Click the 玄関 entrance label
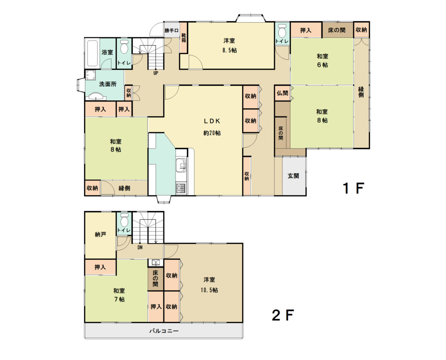(x=293, y=176)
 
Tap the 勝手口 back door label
(x=172, y=31)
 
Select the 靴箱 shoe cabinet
(x=184, y=37)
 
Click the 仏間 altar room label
(x=282, y=93)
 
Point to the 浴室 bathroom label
(x=107, y=52)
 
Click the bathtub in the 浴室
(x=92, y=53)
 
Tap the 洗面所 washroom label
(x=108, y=84)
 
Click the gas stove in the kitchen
(x=181, y=188)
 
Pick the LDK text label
(x=212, y=121)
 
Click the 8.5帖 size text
(x=230, y=51)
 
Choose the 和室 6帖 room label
(x=322, y=60)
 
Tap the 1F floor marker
(x=354, y=188)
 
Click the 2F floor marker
(x=283, y=315)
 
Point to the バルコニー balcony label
(x=164, y=331)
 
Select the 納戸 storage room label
(x=101, y=234)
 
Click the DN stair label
(x=140, y=248)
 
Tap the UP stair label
(x=155, y=73)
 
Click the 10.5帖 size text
(x=209, y=290)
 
